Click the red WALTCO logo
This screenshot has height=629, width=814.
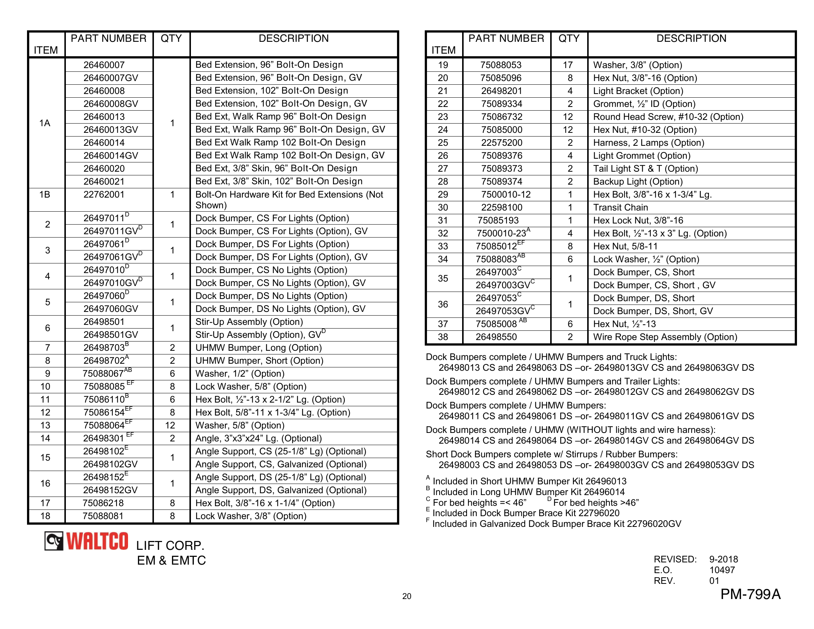[97, 541]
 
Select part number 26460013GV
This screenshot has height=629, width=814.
[111, 129]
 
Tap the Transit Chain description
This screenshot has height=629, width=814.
[620, 208]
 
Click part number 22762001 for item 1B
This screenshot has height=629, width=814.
[104, 195]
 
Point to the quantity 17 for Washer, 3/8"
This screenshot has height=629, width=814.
[568, 65]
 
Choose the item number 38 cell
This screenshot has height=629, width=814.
[443, 337]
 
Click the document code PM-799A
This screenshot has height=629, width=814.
[750, 594]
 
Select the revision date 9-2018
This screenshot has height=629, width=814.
[723, 559]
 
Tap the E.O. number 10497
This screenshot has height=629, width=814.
[722, 570]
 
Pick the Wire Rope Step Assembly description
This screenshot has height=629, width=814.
[665, 337]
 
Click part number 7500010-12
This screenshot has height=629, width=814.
[505, 195]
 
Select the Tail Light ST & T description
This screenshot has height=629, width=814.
[645, 169]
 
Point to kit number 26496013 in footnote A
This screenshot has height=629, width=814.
[603, 481]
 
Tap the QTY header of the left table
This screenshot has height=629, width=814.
[171, 39]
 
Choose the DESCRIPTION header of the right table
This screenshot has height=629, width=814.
[691, 39]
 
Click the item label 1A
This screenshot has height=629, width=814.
[45, 123]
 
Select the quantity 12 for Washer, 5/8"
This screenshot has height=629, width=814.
[170, 425]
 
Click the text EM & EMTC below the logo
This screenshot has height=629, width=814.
[171, 561]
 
